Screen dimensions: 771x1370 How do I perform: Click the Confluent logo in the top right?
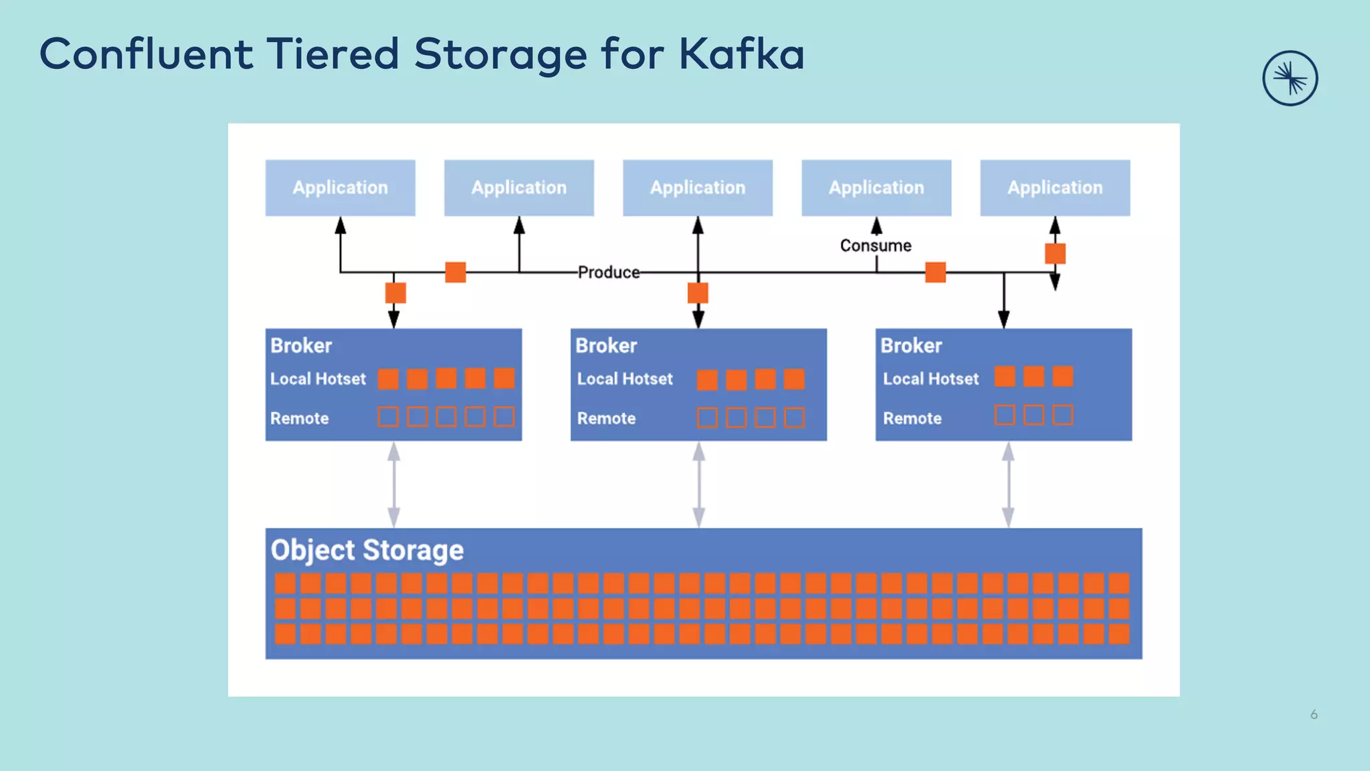[1290, 78]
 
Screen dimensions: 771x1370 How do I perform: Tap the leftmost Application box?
[340, 187]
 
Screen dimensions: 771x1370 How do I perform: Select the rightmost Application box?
[1055, 187]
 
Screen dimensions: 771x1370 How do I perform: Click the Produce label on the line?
[609, 272]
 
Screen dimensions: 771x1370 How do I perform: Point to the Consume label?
[876, 246]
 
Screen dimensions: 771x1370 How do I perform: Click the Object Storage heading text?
[367, 550]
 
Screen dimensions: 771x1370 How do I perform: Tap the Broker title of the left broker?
[301, 345]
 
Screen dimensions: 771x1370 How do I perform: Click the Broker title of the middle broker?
[606, 345]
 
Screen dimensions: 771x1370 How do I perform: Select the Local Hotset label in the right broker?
[931, 379]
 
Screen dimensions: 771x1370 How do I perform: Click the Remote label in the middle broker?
[606, 418]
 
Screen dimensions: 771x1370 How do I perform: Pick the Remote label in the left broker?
[299, 418]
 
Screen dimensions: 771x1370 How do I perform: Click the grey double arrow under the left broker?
[394, 485]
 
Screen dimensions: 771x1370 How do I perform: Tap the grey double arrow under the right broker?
[1008, 485]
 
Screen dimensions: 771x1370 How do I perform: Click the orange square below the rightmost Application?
[1055, 254]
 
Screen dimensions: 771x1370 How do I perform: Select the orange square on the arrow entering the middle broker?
[698, 293]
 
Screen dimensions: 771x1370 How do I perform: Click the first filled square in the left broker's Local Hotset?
[388, 379]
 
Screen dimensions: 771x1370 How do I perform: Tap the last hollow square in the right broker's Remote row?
[1062, 415]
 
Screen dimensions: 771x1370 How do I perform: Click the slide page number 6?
[1314, 715]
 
